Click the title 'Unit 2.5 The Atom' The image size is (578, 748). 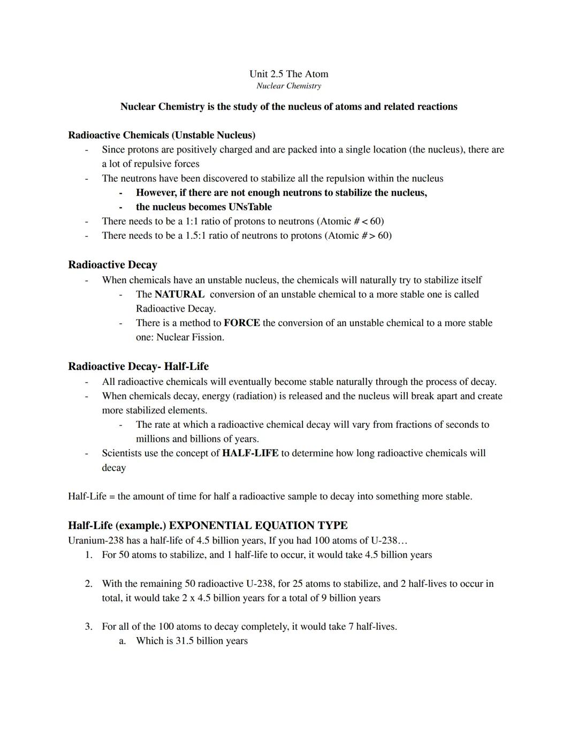point(288,74)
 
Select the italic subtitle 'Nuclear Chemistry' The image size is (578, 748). point(288,86)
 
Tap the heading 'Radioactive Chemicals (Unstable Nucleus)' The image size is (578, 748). point(162,135)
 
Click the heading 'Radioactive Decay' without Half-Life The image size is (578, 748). point(112,265)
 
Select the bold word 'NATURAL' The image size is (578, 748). point(179,294)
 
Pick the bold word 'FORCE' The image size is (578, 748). point(242,323)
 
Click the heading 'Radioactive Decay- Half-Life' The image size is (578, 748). point(138,366)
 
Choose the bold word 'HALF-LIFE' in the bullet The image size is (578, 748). point(250,453)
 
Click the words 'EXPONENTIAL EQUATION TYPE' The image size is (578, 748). point(258,525)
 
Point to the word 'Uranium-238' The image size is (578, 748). point(96,540)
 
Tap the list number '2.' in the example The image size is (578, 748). point(89,584)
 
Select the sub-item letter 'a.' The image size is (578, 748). point(123,641)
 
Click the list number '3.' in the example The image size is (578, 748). point(89,626)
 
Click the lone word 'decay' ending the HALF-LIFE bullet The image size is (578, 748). point(114,467)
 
